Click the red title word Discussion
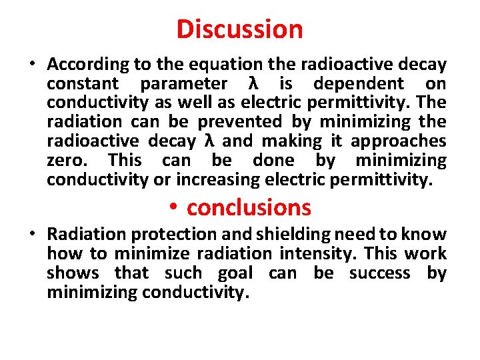click(x=240, y=29)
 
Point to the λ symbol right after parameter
click(x=253, y=84)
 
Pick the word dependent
click(x=359, y=84)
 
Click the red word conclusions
click(x=249, y=207)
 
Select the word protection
click(x=170, y=235)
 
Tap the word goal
click(x=236, y=273)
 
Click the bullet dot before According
click(x=32, y=65)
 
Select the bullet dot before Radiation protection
click(x=32, y=235)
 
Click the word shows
click(x=73, y=273)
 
